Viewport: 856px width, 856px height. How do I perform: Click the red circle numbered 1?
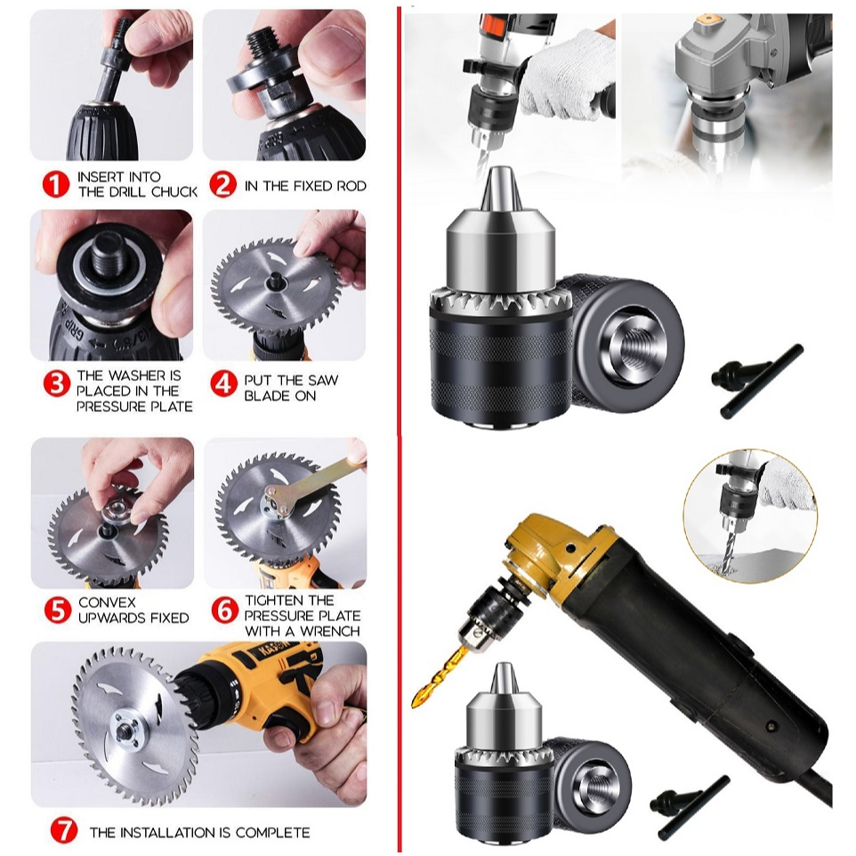tap(55, 185)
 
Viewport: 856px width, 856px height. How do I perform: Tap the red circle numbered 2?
tap(222, 185)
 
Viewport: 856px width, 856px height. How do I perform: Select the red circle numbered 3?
tap(55, 384)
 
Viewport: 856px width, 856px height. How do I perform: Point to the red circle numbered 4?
tap(222, 384)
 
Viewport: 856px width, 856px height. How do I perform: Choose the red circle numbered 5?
tap(55, 610)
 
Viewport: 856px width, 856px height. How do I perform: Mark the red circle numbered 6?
tap(224, 610)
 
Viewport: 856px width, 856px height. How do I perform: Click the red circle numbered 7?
tap(63, 832)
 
